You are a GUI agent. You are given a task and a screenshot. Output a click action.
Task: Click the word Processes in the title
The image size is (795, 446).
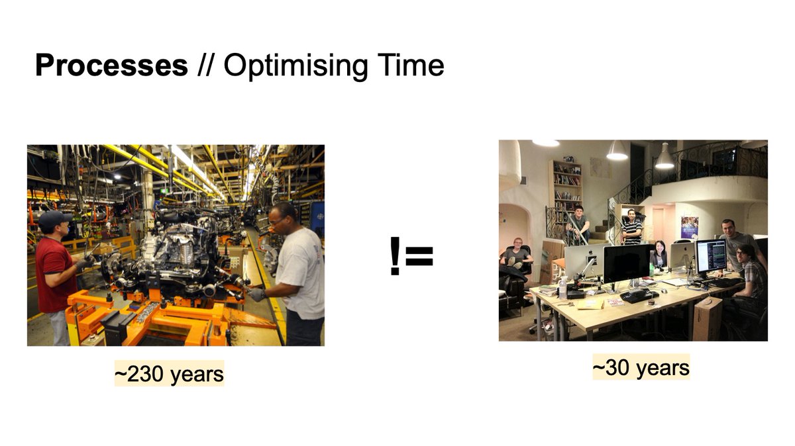[111, 66]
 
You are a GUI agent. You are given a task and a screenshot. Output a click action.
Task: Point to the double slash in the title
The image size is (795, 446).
[205, 66]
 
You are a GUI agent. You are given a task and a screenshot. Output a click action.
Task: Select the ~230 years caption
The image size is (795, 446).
[170, 374]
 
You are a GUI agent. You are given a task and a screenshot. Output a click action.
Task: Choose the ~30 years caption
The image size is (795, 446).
[641, 367]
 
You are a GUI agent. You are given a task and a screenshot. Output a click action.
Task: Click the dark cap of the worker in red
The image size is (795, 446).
[53, 218]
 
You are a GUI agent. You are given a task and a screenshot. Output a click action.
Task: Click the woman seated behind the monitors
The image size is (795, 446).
[660, 255]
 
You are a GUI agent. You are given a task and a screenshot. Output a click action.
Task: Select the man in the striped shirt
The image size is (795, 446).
[633, 228]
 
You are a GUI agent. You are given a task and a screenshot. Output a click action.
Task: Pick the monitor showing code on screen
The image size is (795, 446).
[711, 255]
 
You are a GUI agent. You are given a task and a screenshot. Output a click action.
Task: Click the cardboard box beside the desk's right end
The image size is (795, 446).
[706, 318]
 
